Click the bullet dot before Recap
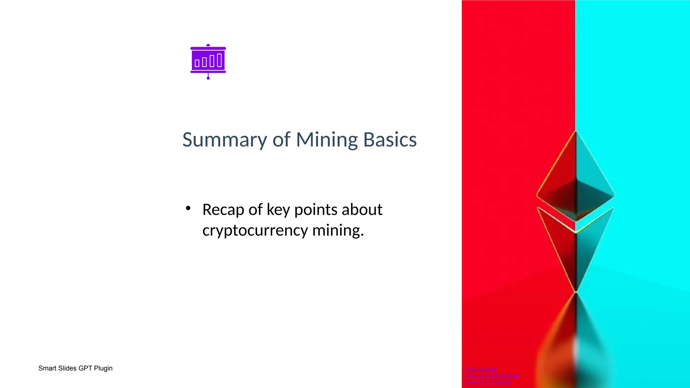click(x=188, y=208)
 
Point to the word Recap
click(x=223, y=209)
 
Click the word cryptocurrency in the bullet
click(x=255, y=230)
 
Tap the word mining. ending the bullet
click(x=338, y=230)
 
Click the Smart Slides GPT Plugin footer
click(x=75, y=368)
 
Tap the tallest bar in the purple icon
click(x=219, y=60)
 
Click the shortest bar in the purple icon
click(x=197, y=63)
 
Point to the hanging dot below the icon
click(x=208, y=78)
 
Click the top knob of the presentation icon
click(x=208, y=45)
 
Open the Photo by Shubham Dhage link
click(x=492, y=376)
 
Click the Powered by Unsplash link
click(x=488, y=382)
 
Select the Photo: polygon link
click(x=481, y=369)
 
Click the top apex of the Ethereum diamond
click(x=576, y=131)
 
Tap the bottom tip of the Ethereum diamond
click(x=576, y=291)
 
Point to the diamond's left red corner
click(x=538, y=195)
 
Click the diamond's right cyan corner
click(x=613, y=195)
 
